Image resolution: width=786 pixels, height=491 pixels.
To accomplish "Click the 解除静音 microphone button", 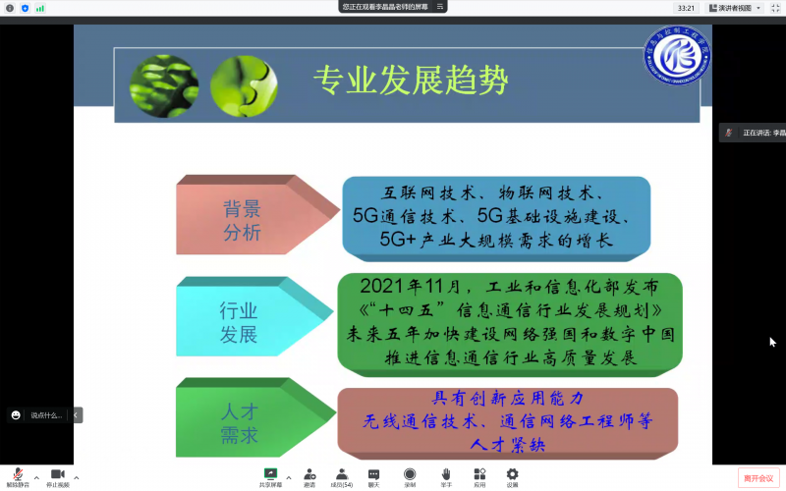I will (x=18, y=476).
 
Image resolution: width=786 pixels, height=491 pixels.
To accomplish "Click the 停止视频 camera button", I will (x=57, y=476).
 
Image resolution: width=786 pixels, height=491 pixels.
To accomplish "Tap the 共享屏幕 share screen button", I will (x=270, y=476).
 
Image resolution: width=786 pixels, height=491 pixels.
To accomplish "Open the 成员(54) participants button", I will (x=342, y=476).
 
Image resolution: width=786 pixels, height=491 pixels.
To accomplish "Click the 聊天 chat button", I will (x=373, y=476).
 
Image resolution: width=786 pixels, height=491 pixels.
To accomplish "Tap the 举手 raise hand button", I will (x=445, y=476).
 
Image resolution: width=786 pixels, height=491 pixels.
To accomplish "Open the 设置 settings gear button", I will (x=512, y=476).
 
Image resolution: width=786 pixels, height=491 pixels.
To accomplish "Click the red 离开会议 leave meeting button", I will (x=758, y=477).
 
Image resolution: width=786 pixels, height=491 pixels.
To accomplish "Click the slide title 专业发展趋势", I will (x=410, y=81).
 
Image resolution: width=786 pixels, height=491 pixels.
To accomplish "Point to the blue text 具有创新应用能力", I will (x=508, y=398).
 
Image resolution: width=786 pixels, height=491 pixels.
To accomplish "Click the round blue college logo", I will (x=677, y=56).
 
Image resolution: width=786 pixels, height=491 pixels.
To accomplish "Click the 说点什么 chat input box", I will (x=44, y=415).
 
